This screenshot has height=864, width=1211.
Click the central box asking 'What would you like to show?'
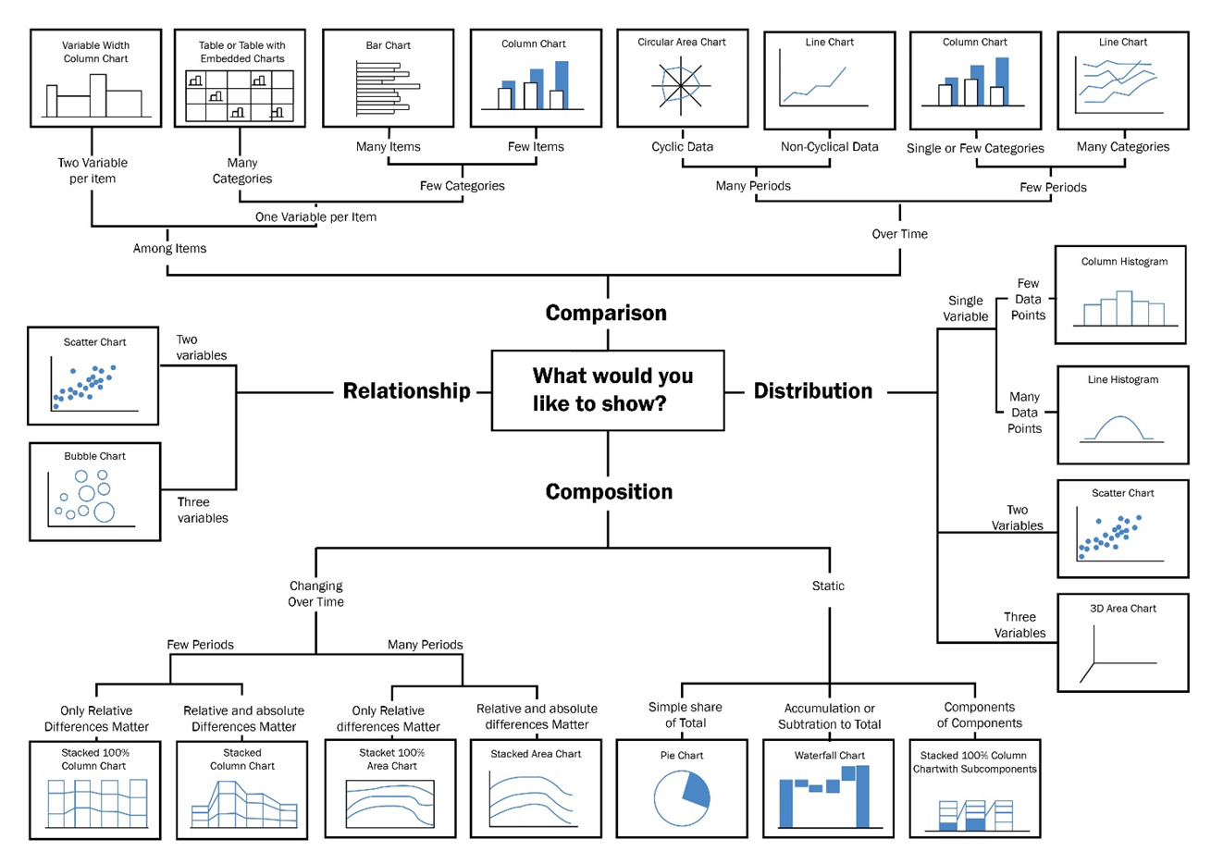607,389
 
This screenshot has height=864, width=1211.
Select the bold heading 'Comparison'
606,313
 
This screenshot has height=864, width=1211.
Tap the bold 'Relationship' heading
406,391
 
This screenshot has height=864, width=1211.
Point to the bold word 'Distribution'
812,391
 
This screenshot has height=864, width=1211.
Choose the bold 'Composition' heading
609,492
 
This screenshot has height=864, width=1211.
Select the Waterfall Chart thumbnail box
829,788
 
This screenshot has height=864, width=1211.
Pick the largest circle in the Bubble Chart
104,512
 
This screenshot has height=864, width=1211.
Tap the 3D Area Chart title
1122,609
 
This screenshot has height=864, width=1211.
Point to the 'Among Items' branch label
169,248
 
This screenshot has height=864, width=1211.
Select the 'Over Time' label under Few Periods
899,234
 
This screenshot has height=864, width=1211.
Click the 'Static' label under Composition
828,586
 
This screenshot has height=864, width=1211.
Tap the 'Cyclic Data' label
682,146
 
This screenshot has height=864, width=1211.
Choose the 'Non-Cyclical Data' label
829,146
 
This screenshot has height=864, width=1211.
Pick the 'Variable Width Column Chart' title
95,52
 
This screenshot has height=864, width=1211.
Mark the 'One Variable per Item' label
315,216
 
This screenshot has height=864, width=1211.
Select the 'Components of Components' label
979,715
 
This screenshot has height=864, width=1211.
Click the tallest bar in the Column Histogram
1123,308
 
